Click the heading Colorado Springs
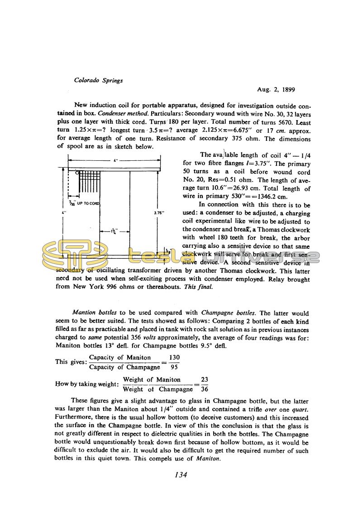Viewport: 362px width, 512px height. point(98,80)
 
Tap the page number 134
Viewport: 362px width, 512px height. point(181,475)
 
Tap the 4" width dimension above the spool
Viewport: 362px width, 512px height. point(116,160)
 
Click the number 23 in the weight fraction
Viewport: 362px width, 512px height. point(205,380)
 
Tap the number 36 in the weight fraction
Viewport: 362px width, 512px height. point(205,389)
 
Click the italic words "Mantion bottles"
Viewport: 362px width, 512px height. point(95,313)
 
